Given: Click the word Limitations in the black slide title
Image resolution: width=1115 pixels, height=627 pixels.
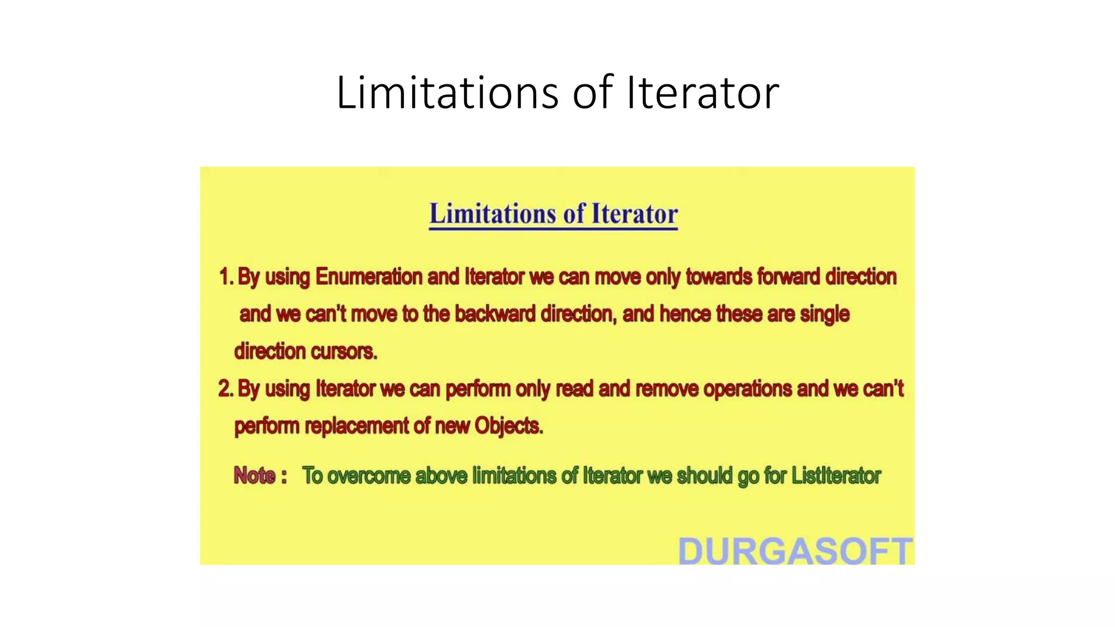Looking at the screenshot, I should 447,93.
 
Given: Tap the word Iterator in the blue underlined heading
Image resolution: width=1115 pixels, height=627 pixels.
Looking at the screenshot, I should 634,214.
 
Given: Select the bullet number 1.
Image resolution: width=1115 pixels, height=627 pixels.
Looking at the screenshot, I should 225,277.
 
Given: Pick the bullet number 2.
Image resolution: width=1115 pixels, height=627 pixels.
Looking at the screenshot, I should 225,389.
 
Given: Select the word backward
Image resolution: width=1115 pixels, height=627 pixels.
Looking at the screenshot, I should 495,314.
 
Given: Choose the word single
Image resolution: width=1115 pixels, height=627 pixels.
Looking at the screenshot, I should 824,315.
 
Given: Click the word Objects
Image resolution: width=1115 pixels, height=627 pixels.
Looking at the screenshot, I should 509,426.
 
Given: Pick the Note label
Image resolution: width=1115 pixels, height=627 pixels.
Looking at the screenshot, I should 255,476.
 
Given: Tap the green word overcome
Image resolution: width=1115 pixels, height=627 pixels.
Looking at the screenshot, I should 369,476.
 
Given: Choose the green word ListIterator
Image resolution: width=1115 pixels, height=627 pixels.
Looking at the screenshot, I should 836,476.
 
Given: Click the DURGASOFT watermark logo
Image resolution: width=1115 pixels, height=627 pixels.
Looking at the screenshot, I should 795,550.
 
